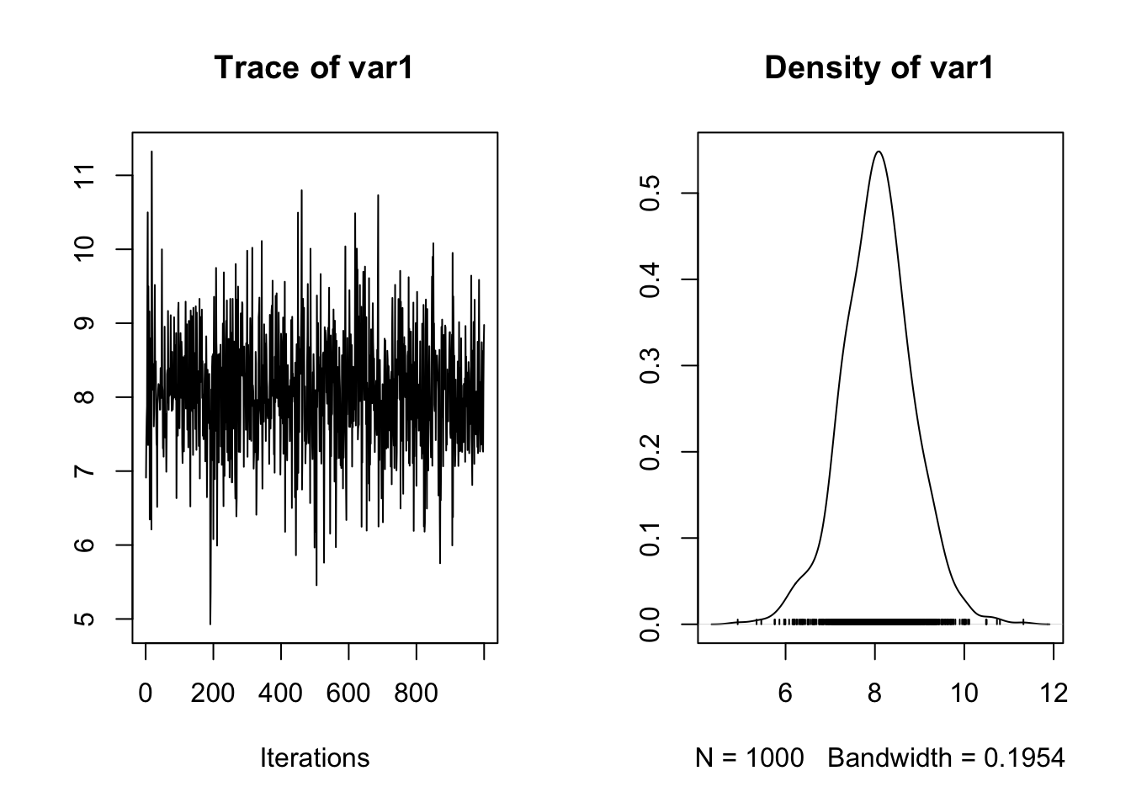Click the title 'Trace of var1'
pyautogui.click(x=313, y=67)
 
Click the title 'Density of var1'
pyautogui.click(x=879, y=67)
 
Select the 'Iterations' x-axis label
pyautogui.click(x=315, y=757)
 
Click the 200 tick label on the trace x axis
pyautogui.click(x=213, y=694)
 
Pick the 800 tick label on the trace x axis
pyautogui.click(x=416, y=694)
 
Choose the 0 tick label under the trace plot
pyautogui.click(x=146, y=694)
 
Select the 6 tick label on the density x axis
pyautogui.click(x=785, y=694)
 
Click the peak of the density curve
pyautogui.click(x=878, y=151)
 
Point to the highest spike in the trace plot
pyautogui.click(x=151, y=151)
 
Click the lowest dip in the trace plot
pyautogui.click(x=210, y=624)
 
